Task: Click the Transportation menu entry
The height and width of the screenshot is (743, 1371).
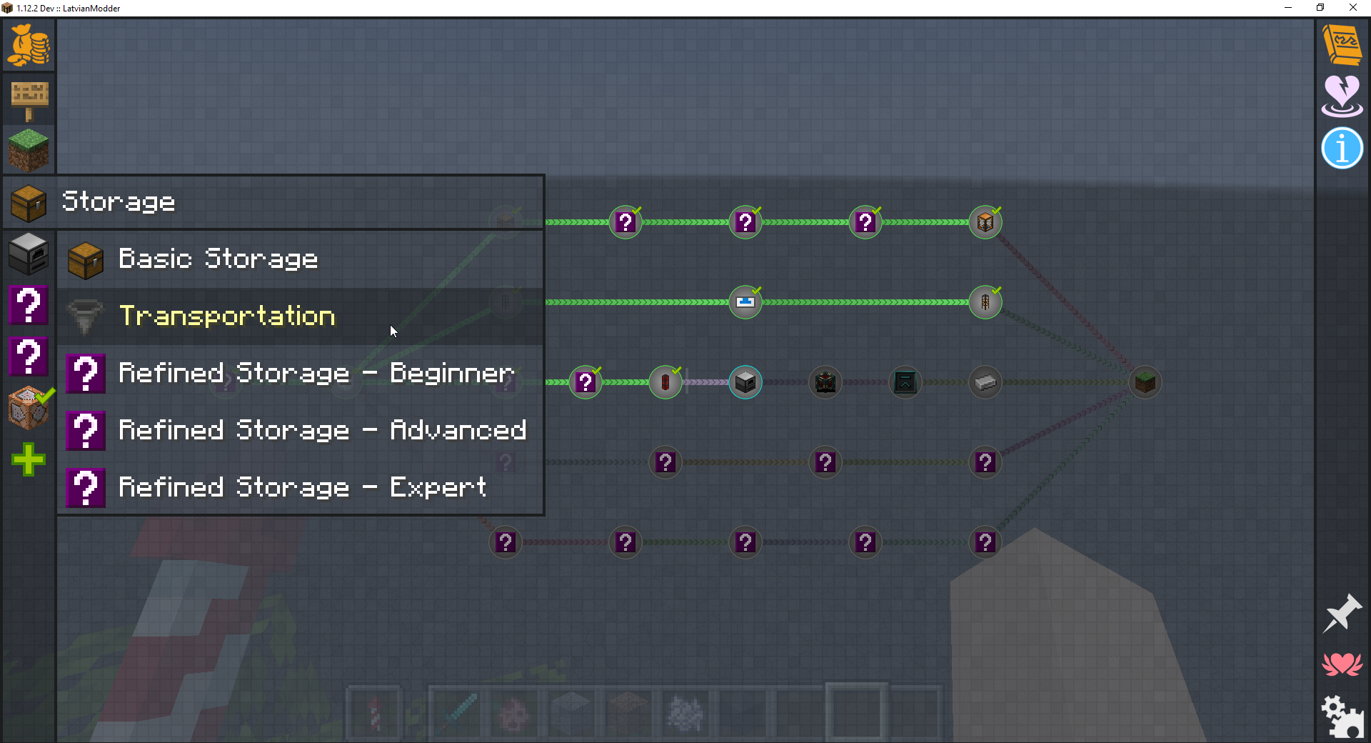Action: point(227,316)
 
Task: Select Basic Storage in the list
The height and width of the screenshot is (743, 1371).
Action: point(218,259)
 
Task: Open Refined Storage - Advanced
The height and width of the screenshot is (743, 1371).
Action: point(322,431)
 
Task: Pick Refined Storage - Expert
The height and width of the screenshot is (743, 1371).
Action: point(302,488)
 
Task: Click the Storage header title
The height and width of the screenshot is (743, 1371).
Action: point(119,202)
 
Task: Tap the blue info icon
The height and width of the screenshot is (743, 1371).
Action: point(1342,149)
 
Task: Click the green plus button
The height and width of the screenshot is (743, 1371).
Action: point(29,459)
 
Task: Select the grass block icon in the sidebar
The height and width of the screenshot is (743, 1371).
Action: point(29,149)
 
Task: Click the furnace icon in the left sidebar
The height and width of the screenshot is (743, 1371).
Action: point(29,253)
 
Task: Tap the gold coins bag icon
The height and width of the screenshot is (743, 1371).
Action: point(29,45)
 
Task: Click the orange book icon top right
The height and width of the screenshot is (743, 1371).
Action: point(1342,45)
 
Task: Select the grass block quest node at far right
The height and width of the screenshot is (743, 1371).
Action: point(1145,382)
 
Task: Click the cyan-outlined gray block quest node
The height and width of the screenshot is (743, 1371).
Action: point(745,382)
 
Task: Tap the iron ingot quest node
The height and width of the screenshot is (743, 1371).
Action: point(985,382)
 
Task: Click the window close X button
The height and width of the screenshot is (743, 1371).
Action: point(1352,8)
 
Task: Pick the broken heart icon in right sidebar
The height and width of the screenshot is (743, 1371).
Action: point(1342,96)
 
